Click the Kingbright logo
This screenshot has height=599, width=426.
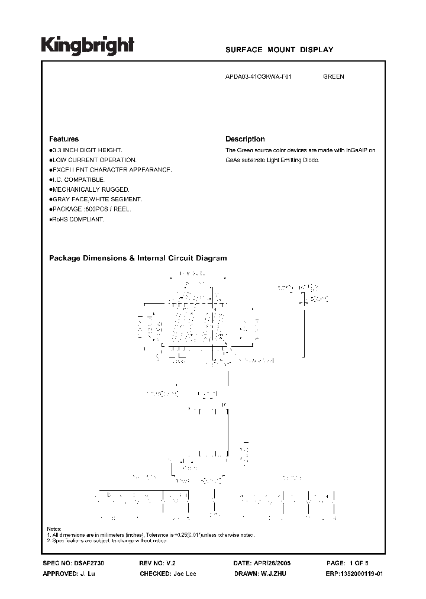(x=88, y=46)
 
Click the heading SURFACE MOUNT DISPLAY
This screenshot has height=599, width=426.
(x=279, y=50)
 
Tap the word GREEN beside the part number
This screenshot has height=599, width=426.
(x=334, y=77)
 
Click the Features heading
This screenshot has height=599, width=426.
(x=63, y=139)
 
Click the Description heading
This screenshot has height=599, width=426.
(x=245, y=139)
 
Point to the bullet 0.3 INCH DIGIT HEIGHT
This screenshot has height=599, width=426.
(x=86, y=151)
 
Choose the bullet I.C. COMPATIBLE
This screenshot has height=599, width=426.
(x=78, y=179)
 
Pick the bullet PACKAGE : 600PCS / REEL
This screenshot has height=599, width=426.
(x=91, y=209)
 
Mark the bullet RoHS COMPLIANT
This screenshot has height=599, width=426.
(x=78, y=219)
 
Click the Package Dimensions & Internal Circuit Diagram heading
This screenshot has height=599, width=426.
(x=138, y=258)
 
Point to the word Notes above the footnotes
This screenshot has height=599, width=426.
(x=53, y=529)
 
